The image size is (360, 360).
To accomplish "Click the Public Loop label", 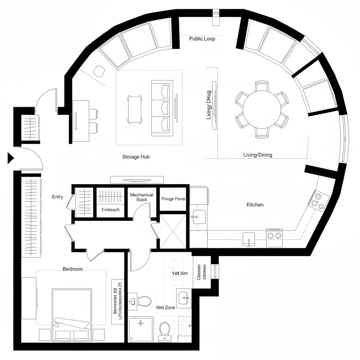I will click(x=202, y=39).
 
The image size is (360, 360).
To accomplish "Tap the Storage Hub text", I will click(x=136, y=157).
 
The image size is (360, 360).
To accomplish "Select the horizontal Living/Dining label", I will click(x=257, y=155).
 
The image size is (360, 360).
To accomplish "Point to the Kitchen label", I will click(x=255, y=205).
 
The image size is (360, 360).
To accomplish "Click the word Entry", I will click(x=57, y=197).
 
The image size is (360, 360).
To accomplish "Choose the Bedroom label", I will click(x=73, y=269).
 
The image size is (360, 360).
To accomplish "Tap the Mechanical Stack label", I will click(x=142, y=197).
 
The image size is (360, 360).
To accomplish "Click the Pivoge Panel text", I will click(x=173, y=199).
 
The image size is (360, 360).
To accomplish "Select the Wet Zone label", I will click(x=165, y=308).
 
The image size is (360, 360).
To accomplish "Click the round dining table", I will click(x=262, y=109).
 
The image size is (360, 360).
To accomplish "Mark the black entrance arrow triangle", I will click(x=10, y=159).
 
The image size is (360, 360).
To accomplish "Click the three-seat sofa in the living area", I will click(x=162, y=108).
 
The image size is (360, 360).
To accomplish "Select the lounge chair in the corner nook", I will click(x=99, y=71).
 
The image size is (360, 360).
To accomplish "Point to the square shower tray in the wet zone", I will click(x=141, y=329).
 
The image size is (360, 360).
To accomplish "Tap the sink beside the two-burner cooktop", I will click(x=249, y=238).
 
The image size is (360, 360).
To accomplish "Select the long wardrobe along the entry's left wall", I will click(x=31, y=217).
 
